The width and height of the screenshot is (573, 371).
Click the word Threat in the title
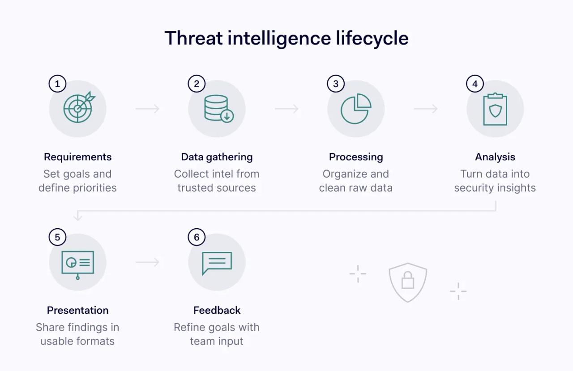pyautogui.click(x=193, y=38)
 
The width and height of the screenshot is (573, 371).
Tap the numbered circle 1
pyautogui.click(x=57, y=84)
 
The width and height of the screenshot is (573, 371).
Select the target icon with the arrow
pyautogui.click(x=78, y=108)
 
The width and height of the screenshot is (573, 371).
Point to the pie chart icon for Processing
pyautogui.click(x=355, y=109)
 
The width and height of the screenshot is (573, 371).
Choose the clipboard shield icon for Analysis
pyautogui.click(x=495, y=109)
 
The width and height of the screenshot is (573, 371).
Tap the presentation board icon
pyautogui.click(x=78, y=263)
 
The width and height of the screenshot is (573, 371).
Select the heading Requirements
pyautogui.click(x=77, y=157)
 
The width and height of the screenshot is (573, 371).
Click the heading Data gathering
pyautogui.click(x=217, y=157)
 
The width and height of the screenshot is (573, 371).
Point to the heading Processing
pyautogui.click(x=356, y=157)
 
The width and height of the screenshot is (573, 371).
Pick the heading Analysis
pyautogui.click(x=495, y=157)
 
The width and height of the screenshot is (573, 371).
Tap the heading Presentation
pyautogui.click(x=77, y=310)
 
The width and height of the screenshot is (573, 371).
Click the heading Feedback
pyautogui.click(x=217, y=310)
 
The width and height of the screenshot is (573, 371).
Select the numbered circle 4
pyautogui.click(x=475, y=84)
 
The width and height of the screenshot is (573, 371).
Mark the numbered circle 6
pyautogui.click(x=197, y=237)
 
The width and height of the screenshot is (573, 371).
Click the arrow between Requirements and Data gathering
pyautogui.click(x=147, y=109)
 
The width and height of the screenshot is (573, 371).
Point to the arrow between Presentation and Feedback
pyautogui.click(x=147, y=262)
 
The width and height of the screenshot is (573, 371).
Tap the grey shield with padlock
pyautogui.click(x=408, y=281)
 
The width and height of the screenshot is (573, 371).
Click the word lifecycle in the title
pyautogui.click(x=372, y=38)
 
